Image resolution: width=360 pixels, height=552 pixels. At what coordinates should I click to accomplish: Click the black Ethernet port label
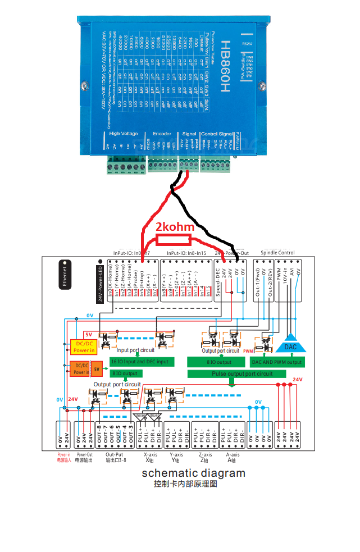tap(65, 273)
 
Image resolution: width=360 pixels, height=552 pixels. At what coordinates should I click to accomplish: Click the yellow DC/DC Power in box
tap(84, 346)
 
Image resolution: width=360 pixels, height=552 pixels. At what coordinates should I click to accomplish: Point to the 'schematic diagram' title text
tap(193, 473)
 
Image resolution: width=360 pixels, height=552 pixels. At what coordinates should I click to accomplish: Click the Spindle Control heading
tap(278, 253)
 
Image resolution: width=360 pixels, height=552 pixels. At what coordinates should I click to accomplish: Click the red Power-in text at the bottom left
tap(64, 454)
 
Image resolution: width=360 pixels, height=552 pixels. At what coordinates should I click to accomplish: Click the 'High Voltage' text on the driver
tap(123, 133)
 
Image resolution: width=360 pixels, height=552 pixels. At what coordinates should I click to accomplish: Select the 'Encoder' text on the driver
tap(162, 133)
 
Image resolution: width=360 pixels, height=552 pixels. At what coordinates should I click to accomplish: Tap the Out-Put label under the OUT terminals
tap(114, 454)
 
